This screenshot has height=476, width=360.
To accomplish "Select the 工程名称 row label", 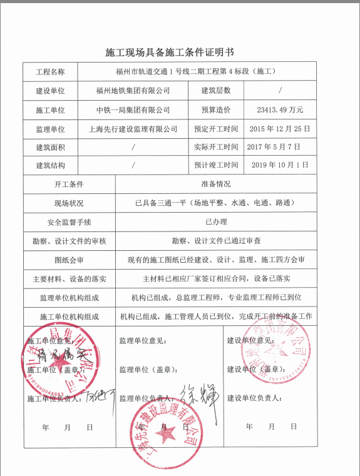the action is point(50,72).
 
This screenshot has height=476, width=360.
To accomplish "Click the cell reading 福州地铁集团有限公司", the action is point(133,91).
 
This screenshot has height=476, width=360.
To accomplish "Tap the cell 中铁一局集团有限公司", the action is point(133,110).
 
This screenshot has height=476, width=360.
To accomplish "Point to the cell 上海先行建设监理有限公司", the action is point(133,129).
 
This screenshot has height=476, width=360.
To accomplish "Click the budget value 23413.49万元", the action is point(280,110).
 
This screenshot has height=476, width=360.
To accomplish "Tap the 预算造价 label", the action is point(216,110).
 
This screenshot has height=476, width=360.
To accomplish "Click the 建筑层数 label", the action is point(216,91).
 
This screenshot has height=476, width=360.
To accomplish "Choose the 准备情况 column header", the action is point(216,185).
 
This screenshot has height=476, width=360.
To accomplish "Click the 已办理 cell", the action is point(216,222).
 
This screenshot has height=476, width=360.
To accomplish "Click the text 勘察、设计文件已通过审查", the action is point(216,241).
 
